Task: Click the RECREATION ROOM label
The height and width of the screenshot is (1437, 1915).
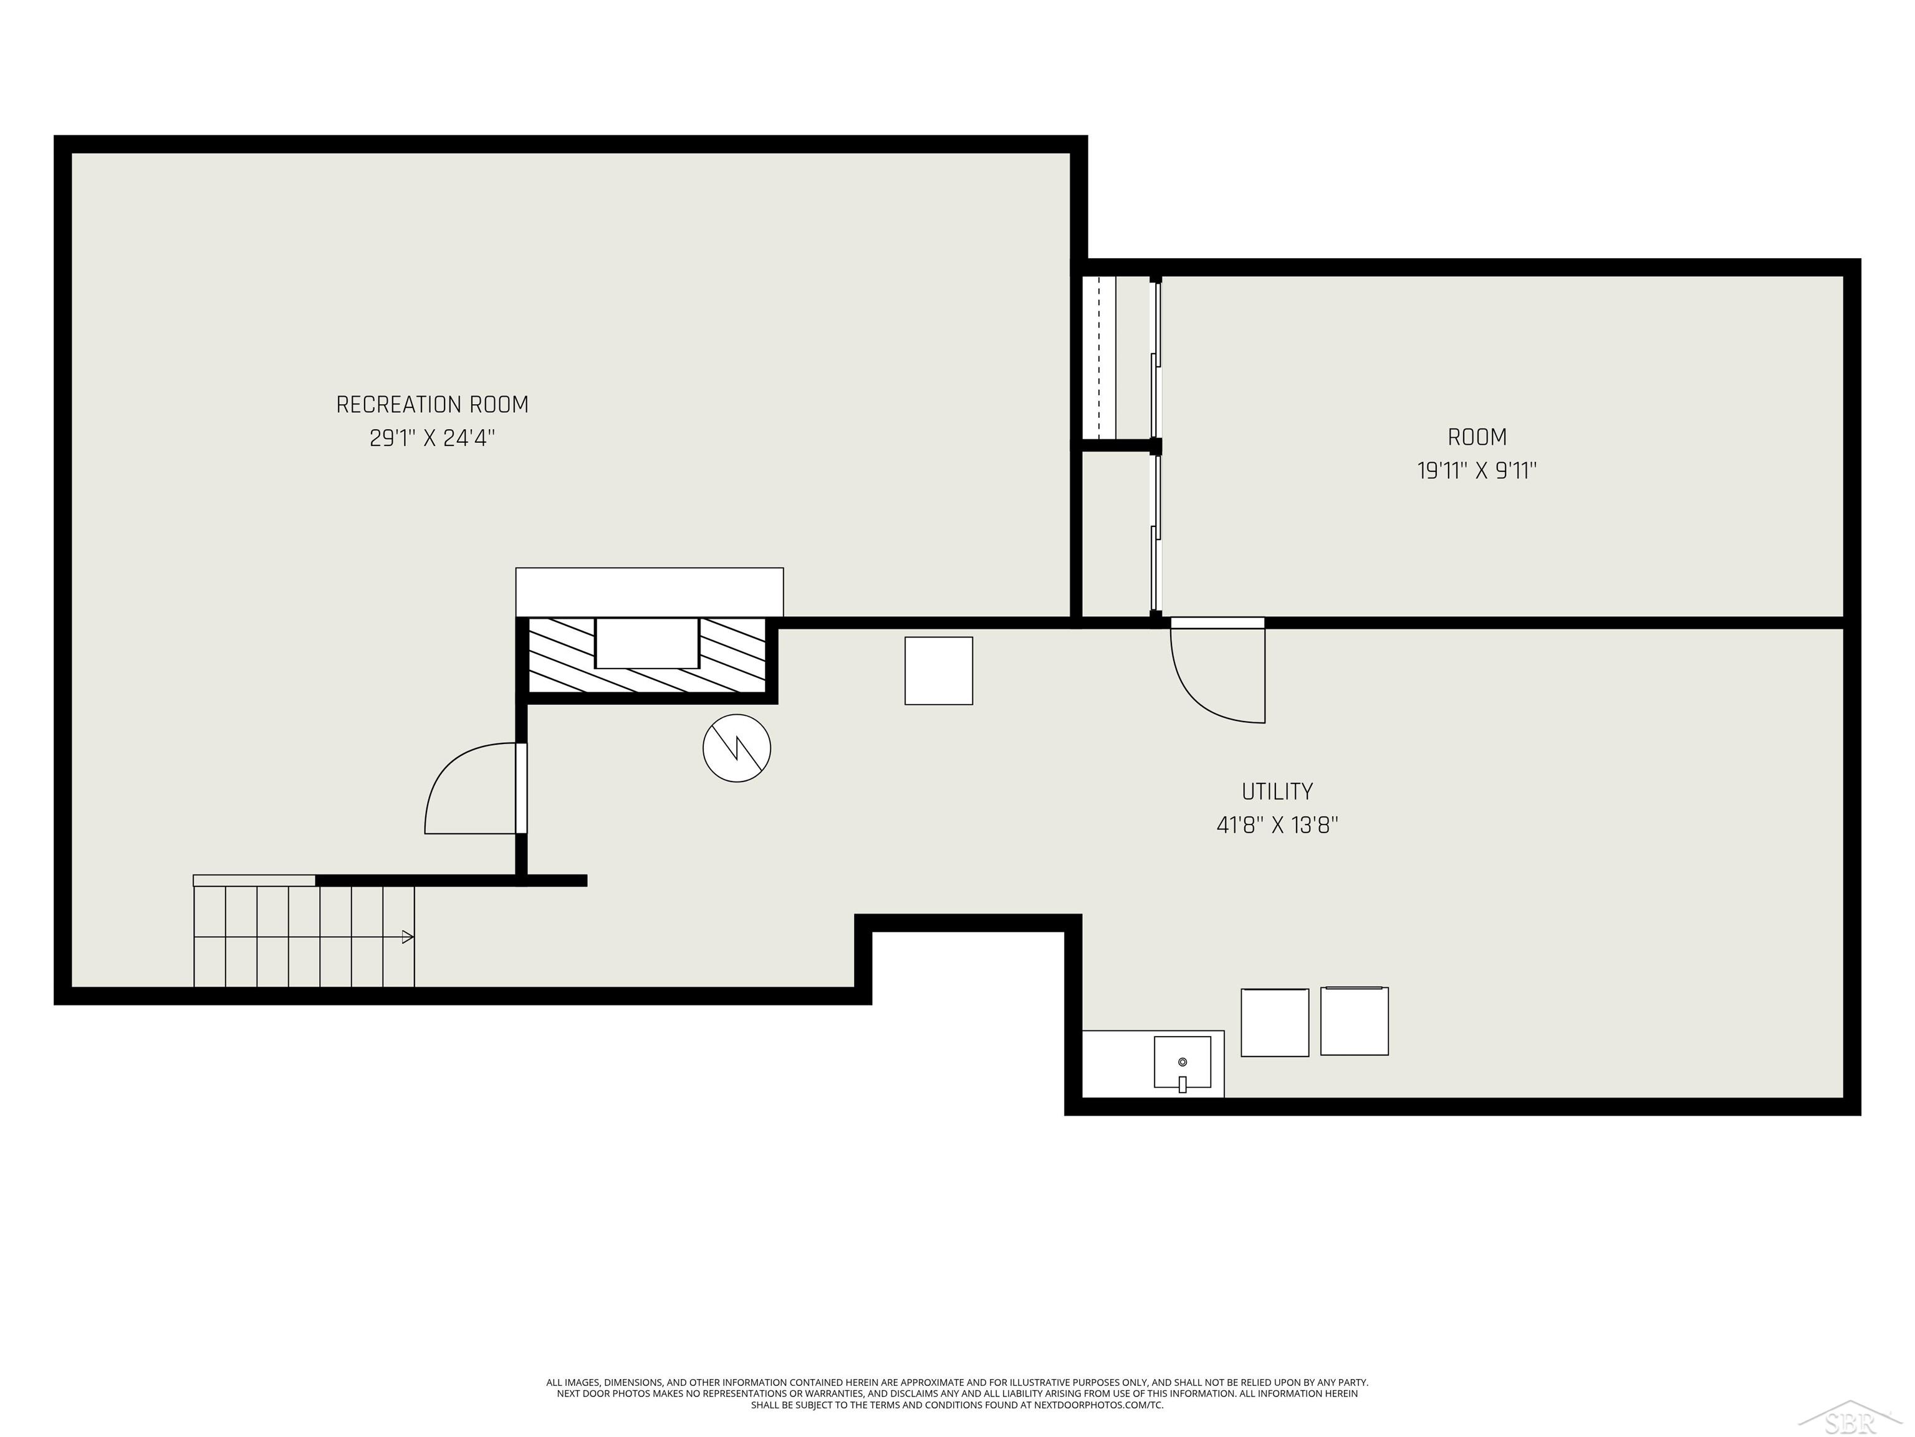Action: tap(432, 405)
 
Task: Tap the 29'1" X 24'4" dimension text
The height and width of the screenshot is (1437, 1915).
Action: tap(432, 438)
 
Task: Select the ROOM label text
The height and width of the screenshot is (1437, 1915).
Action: tap(1477, 437)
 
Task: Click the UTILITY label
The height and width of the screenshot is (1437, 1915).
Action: tap(1277, 791)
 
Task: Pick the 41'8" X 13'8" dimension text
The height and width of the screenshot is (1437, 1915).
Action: tap(1277, 825)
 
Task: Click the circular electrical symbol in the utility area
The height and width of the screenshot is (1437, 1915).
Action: tap(737, 748)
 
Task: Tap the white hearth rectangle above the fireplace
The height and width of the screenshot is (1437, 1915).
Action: tap(650, 592)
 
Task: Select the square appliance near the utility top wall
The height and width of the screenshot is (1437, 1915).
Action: tap(938, 670)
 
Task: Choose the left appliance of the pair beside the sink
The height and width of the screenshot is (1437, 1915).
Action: tap(1274, 1022)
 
